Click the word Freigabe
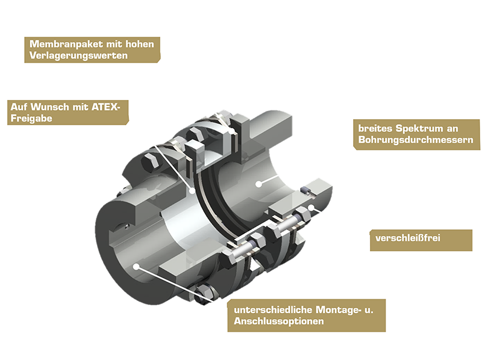[x=31, y=119]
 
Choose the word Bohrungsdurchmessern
[x=416, y=140]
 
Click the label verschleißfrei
[x=408, y=238]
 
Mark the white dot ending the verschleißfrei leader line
[x=311, y=208]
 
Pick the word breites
[x=374, y=128]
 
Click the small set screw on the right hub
[x=305, y=191]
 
